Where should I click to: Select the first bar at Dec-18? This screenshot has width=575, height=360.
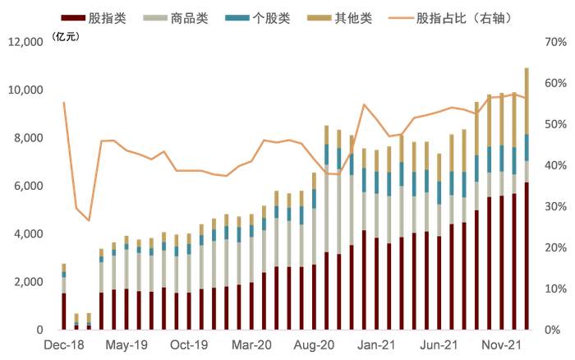[x=63, y=297]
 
